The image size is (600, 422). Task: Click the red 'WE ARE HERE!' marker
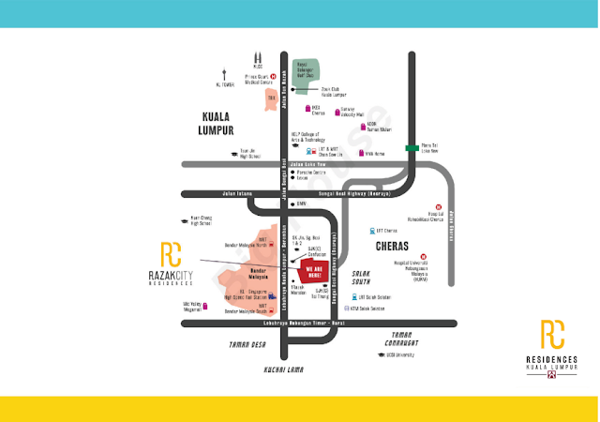[x=314, y=272]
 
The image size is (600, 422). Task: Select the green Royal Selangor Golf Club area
[x=307, y=75]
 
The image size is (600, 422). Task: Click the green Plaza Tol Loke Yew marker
[x=412, y=148]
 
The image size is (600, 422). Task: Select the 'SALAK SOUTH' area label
[x=361, y=278]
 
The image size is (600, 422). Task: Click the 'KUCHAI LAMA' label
[x=283, y=369]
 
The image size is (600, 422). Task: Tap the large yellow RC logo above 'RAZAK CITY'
[x=171, y=254]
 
